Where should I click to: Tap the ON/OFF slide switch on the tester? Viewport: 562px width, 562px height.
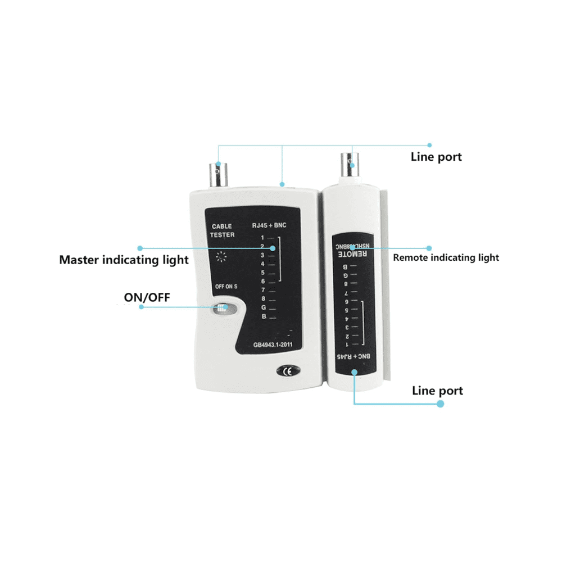[221, 308]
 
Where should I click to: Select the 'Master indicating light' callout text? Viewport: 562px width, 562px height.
[124, 260]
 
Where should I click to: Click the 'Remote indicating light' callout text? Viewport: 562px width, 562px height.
[446, 258]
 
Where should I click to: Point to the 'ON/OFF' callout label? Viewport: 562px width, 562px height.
[147, 297]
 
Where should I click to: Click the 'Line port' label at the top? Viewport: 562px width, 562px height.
[436, 157]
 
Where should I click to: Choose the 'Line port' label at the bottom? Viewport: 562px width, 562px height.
[437, 391]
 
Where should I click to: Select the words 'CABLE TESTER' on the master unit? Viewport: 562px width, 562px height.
[223, 230]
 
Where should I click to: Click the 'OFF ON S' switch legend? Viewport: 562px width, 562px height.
[226, 286]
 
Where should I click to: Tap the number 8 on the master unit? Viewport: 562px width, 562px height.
[262, 299]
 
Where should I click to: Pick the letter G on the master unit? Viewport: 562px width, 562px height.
[263, 308]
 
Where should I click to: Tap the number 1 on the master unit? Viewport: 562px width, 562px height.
[262, 238]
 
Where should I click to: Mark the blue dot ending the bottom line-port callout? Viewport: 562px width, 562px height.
[441, 404]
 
